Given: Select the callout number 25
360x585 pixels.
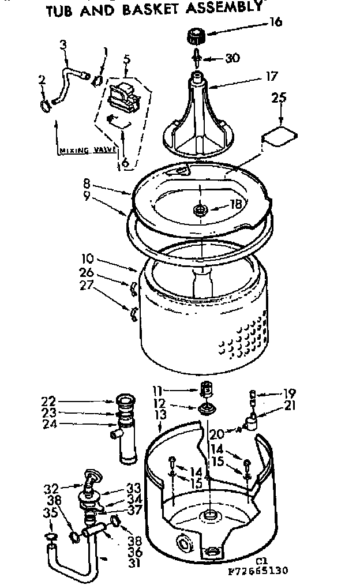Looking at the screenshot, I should click(279, 99).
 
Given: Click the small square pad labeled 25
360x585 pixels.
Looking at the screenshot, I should click(279, 136).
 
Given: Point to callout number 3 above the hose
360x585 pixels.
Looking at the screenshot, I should click(63, 44).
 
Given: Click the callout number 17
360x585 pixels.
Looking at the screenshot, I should click(272, 76).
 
